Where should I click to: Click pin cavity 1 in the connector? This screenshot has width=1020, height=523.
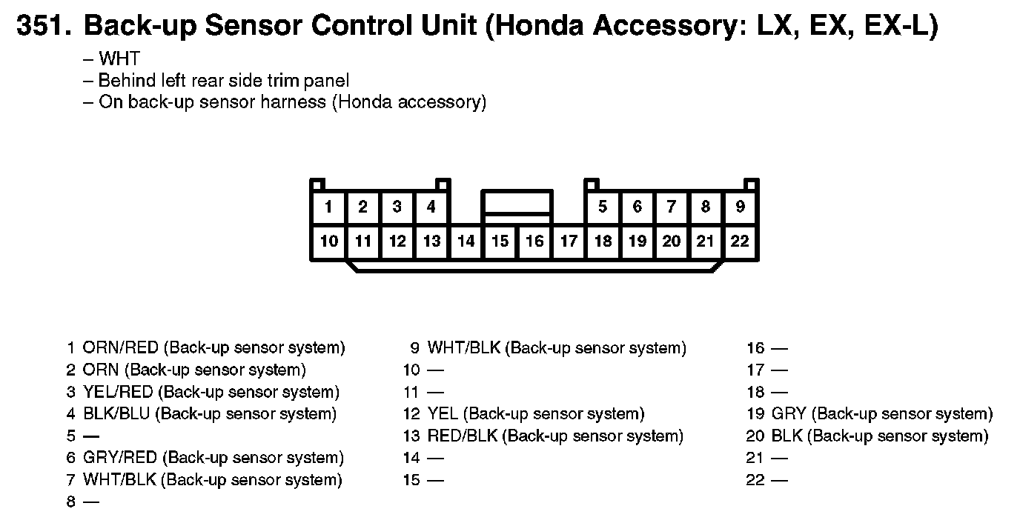pos(328,207)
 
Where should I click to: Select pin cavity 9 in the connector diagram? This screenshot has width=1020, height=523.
pos(740,207)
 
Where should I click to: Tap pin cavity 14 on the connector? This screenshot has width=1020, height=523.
pos(466,241)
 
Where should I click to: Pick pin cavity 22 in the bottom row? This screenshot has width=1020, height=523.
pos(740,241)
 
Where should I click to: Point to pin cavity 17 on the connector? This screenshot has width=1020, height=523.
pos(569,241)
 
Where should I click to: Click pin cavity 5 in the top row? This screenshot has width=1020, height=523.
pos(603,207)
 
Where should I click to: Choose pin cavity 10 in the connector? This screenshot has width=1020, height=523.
pos(328,241)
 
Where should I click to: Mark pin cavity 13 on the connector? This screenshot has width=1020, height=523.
pos(431,241)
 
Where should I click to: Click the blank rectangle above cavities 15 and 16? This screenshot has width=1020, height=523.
pos(517,202)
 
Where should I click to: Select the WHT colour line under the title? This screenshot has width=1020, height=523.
pos(119,59)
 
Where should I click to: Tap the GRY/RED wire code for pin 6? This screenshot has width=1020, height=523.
pos(121,458)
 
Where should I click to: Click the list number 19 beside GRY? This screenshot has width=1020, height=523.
pos(755,414)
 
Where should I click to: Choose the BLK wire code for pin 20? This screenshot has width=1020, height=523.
pos(787,436)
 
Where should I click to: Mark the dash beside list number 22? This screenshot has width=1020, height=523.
pos(779,481)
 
